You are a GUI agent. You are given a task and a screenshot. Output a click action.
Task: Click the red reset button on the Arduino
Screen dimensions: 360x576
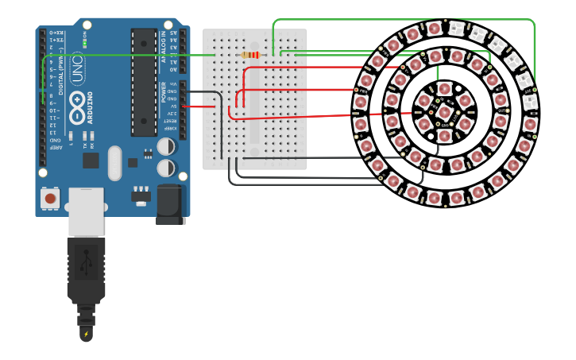(x=51, y=198)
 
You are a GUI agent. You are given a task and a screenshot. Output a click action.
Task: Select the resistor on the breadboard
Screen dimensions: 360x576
(x=250, y=55)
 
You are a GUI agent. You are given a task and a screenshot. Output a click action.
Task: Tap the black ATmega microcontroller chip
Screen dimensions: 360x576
(x=144, y=82)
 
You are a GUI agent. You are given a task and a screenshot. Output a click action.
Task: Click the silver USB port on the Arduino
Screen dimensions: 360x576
(x=86, y=211)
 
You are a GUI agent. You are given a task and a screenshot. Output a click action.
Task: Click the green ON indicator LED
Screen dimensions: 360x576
(x=85, y=41)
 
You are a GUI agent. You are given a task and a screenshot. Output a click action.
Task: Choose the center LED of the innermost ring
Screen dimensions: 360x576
(x=444, y=111)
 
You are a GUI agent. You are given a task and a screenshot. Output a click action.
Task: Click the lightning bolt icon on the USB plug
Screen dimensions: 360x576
(x=86, y=334)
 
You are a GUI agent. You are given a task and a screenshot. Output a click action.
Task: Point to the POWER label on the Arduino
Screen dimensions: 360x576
(x=164, y=91)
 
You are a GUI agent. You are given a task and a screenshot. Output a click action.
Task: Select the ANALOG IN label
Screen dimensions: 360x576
(x=164, y=48)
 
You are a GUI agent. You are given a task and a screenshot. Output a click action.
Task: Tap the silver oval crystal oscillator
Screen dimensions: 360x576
(x=115, y=163)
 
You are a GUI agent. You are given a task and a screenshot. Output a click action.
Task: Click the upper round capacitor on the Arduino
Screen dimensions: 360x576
(x=166, y=147)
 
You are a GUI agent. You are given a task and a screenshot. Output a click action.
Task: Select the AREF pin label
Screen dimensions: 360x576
(x=56, y=148)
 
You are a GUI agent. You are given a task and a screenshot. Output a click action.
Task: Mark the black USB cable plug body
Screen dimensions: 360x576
(x=86, y=270)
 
